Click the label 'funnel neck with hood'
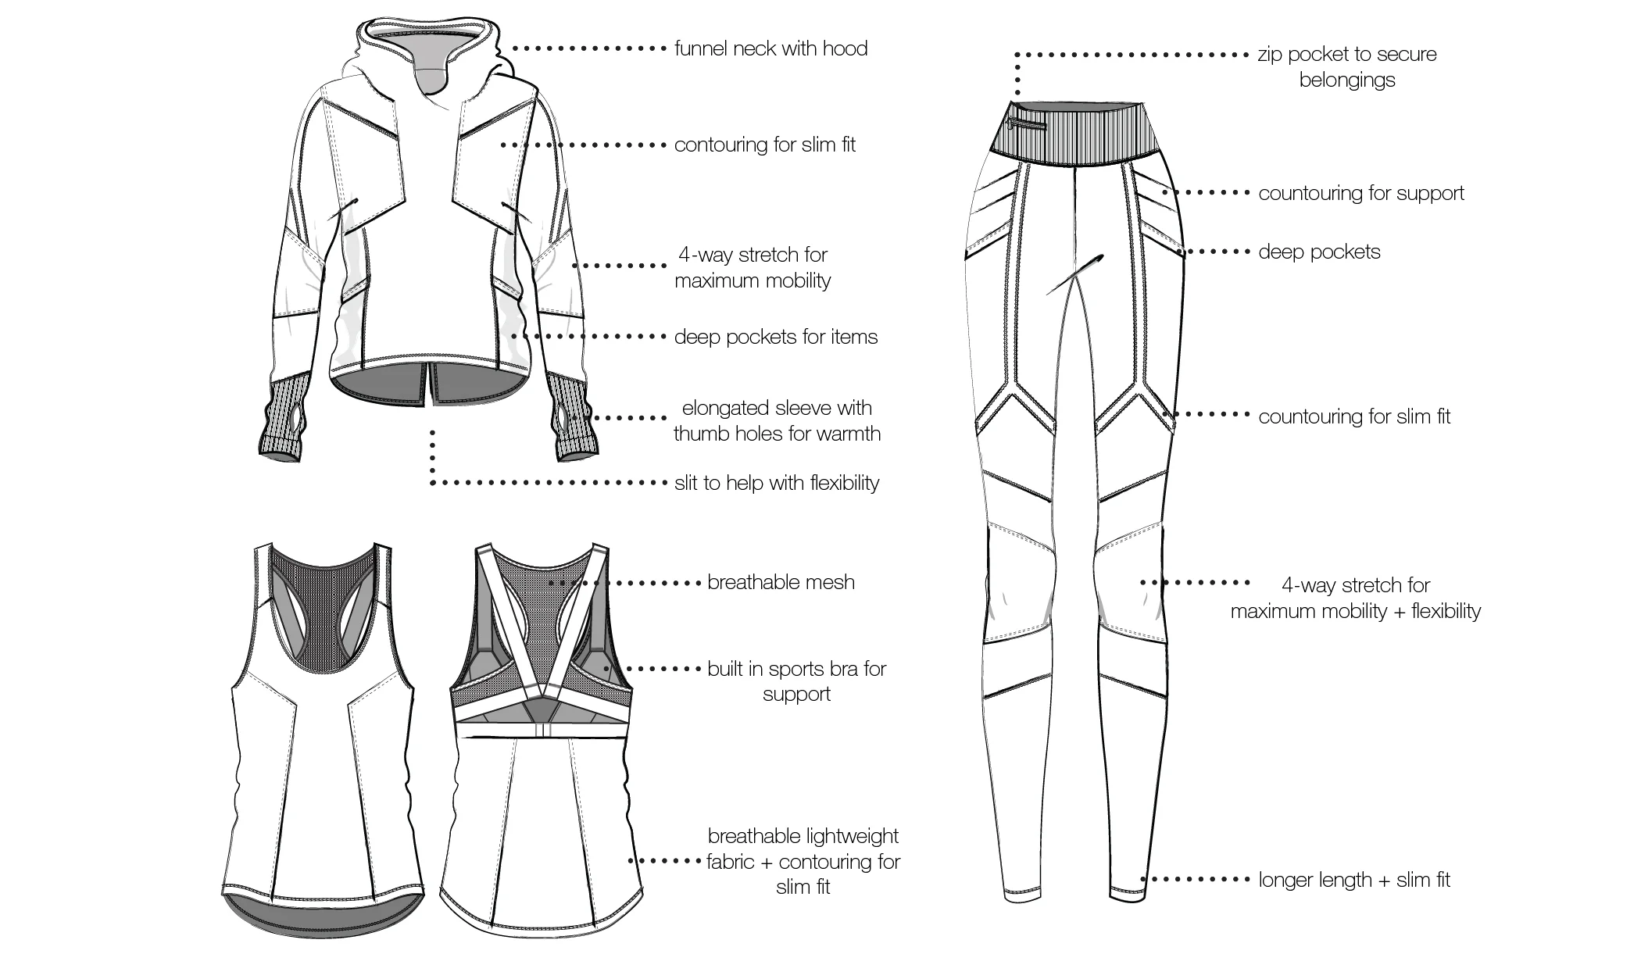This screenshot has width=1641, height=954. pyautogui.click(x=770, y=48)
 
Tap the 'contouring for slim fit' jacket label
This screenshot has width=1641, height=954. pyautogui.click(x=765, y=145)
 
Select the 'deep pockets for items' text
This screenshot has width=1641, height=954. pyautogui.click(x=776, y=337)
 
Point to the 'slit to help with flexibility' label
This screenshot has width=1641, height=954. pyautogui.click(x=777, y=483)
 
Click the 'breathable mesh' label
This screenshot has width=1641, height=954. pyautogui.click(x=781, y=582)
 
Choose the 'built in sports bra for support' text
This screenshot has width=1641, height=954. pyautogui.click(x=796, y=681)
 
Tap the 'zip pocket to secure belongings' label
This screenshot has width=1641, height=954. pyautogui.click(x=1347, y=67)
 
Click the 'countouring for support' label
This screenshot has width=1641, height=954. pyautogui.click(x=1361, y=193)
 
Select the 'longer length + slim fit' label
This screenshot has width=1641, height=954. pyautogui.click(x=1354, y=880)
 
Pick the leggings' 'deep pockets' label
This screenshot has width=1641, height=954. pyautogui.click(x=1319, y=252)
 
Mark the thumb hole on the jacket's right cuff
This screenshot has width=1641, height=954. pyautogui.click(x=564, y=423)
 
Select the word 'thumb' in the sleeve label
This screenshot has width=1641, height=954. pyautogui.click(x=700, y=434)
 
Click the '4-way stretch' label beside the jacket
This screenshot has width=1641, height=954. pyautogui.click(x=753, y=268)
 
